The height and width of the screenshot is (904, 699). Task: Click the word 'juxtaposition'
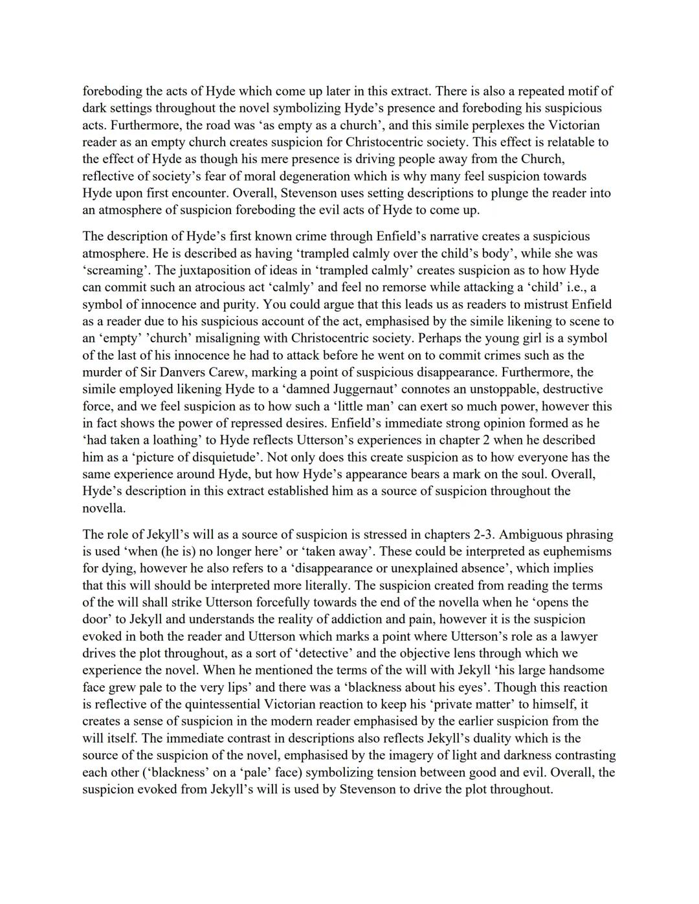(x=195, y=270)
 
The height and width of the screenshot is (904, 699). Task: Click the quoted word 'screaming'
(x=112, y=270)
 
